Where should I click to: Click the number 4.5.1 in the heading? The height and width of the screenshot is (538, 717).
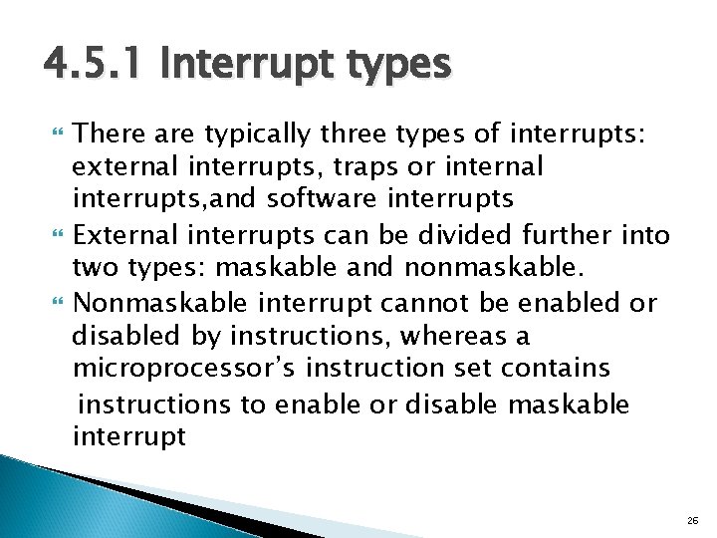point(92,67)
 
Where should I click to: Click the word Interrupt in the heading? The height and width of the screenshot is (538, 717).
point(237,67)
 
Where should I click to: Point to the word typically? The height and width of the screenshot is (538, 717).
point(255,133)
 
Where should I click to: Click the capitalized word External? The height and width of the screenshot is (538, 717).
point(123,235)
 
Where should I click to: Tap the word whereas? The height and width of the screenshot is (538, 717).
point(473,335)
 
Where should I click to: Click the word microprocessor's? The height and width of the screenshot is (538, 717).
point(184,368)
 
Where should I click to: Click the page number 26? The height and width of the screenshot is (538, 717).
point(693,519)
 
